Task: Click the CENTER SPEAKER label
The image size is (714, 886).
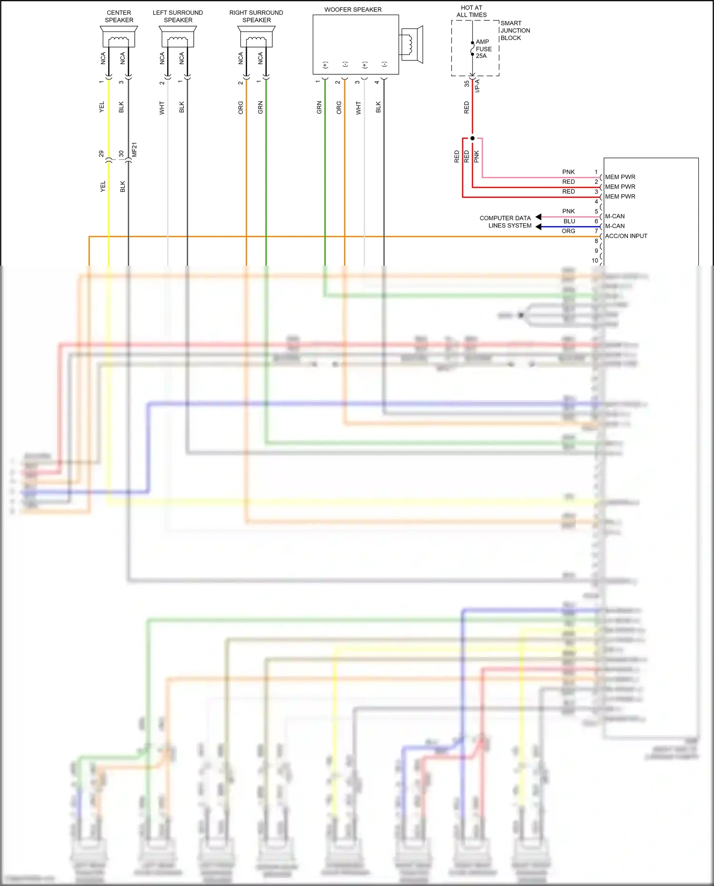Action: [119, 16]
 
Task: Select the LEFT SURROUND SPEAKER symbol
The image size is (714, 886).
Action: [178, 37]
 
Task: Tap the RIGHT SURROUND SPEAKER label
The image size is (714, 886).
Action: [256, 16]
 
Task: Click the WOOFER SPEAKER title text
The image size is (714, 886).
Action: [353, 10]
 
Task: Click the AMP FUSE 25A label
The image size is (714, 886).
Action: [483, 49]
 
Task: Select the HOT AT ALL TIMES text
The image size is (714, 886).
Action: [471, 11]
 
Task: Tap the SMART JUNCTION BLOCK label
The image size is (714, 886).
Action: [515, 30]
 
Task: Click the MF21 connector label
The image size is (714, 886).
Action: [135, 149]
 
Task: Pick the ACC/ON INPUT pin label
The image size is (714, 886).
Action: [626, 236]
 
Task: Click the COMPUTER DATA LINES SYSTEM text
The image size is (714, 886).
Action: [506, 222]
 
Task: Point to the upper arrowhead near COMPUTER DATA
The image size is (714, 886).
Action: [538, 217]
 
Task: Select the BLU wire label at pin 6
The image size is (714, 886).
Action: [569, 221]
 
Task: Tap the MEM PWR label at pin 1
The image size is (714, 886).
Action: [620, 177]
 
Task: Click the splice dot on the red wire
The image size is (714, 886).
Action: [472, 138]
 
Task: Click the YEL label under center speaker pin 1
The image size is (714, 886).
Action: [101, 107]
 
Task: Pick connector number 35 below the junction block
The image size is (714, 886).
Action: [466, 83]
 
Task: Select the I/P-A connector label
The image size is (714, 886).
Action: [477, 86]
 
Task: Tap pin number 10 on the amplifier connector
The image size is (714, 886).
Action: [595, 260]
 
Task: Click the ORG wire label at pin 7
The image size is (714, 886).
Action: [568, 231]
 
